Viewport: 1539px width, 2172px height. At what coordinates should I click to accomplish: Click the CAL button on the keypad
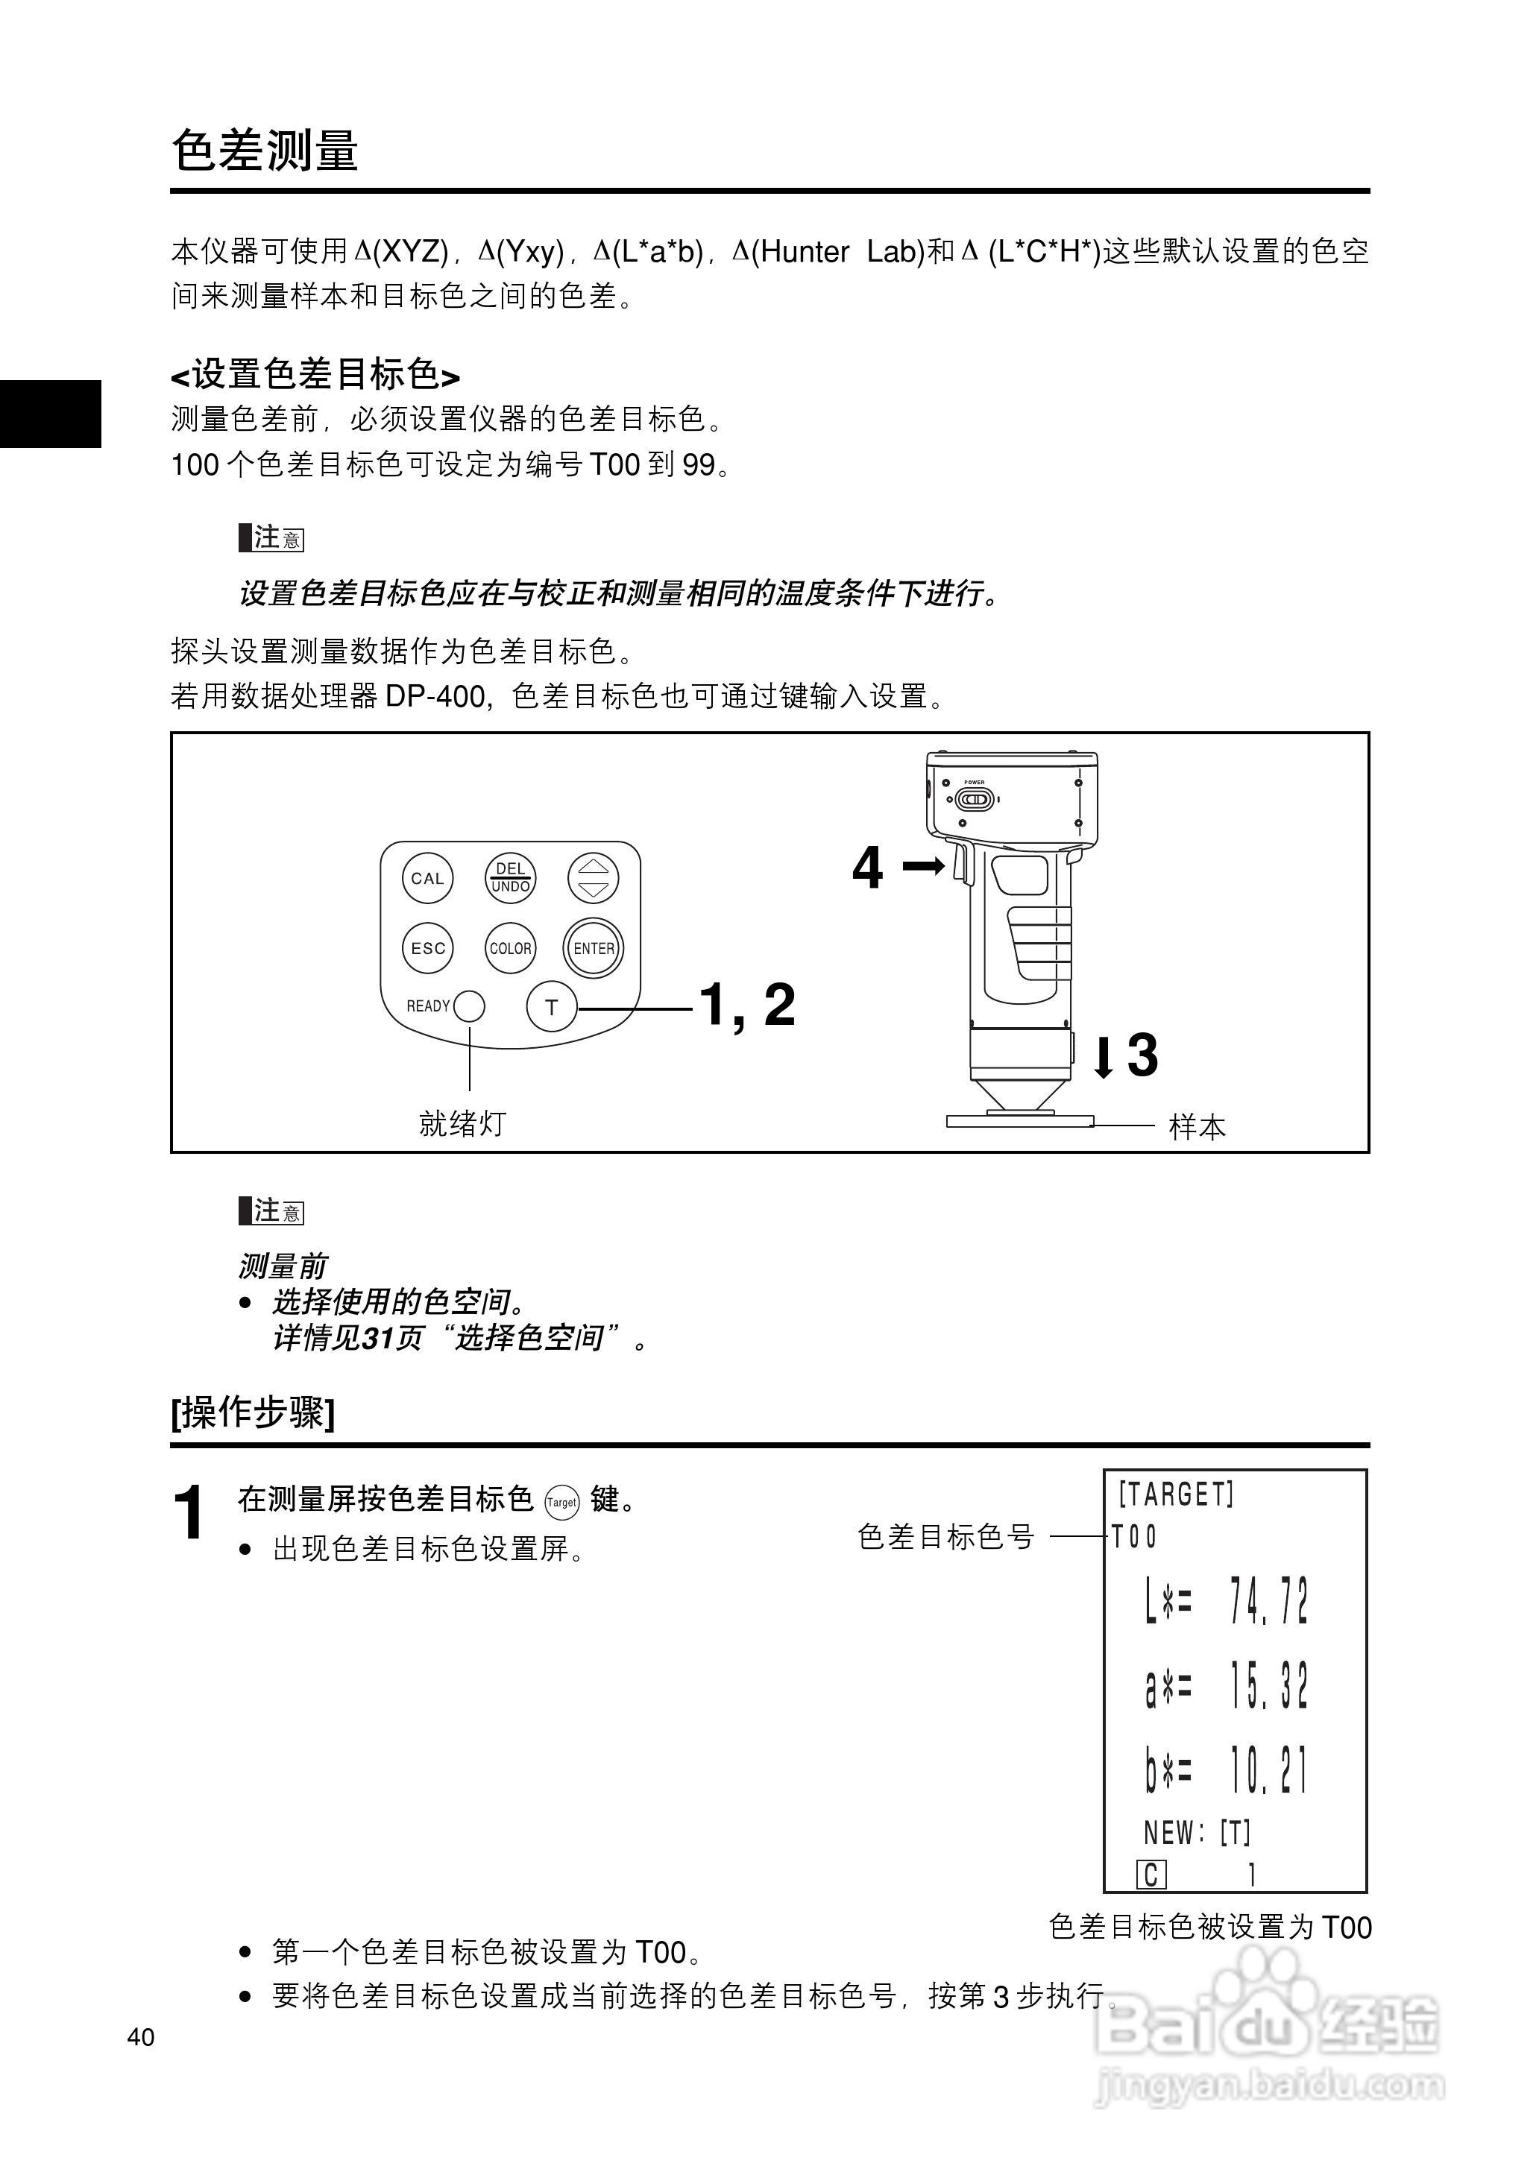click(x=427, y=878)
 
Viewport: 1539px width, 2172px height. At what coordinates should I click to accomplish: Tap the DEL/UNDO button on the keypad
click(x=510, y=878)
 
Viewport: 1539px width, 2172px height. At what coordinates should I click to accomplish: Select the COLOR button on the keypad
click(x=510, y=948)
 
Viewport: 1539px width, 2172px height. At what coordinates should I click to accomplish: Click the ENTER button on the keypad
click(x=594, y=948)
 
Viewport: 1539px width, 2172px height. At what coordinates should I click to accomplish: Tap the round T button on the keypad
click(x=552, y=1007)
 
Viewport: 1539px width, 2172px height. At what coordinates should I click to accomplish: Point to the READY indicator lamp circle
click(x=469, y=1006)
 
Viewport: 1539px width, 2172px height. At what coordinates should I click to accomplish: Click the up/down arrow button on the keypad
click(x=594, y=878)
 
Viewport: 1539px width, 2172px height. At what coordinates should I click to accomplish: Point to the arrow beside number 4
click(x=923, y=866)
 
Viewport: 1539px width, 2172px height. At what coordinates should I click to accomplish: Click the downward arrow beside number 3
click(x=1103, y=1056)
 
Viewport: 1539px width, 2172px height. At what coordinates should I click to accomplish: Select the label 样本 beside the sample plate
click(x=1197, y=1127)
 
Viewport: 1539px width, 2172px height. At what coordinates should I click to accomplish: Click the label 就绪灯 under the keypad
click(x=462, y=1123)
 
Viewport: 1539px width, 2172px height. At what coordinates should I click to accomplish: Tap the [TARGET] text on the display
click(x=1176, y=1494)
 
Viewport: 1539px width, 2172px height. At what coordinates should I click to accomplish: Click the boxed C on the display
click(x=1151, y=1875)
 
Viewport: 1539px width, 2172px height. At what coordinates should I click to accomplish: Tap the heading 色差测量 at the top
click(x=265, y=150)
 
